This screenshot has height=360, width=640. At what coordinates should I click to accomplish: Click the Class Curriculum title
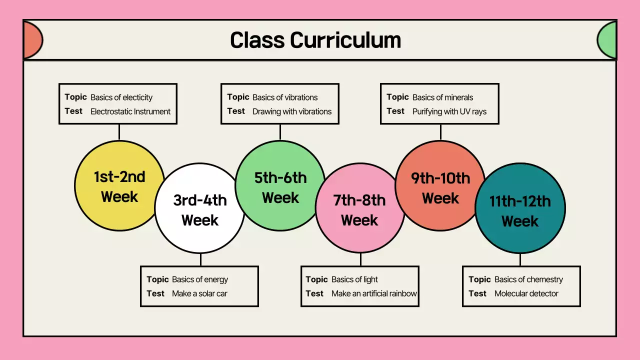coord(315,40)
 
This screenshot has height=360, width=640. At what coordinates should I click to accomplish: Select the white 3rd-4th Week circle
coord(199,210)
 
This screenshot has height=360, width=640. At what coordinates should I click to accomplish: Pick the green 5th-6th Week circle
coord(280,187)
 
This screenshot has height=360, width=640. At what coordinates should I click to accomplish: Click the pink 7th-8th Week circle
coord(359,210)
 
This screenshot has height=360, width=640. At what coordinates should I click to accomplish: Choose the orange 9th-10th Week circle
coord(440,187)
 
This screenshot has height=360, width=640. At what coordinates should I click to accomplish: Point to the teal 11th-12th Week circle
coord(520,210)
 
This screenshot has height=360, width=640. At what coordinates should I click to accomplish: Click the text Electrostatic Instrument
coord(130,111)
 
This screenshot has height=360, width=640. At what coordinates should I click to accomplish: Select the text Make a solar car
coord(199,293)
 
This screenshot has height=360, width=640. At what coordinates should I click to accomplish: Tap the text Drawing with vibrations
coord(292,111)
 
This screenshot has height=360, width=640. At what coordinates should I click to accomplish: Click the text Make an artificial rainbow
coord(374,293)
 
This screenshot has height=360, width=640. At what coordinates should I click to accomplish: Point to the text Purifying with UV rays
coord(449,111)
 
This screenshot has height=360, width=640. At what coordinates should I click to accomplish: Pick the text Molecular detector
coord(526,293)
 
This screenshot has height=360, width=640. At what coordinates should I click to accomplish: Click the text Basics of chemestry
coord(528,279)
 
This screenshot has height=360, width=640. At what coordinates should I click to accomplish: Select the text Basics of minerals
coord(442,97)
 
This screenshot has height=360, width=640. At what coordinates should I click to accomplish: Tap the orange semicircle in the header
coord(32,40)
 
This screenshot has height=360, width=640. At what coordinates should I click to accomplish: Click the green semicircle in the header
coord(607,40)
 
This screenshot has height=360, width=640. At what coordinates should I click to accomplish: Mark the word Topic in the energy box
coord(157,279)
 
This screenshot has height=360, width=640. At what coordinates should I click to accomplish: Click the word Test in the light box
coord(314,293)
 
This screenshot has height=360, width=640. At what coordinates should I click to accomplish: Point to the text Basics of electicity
coord(121,97)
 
